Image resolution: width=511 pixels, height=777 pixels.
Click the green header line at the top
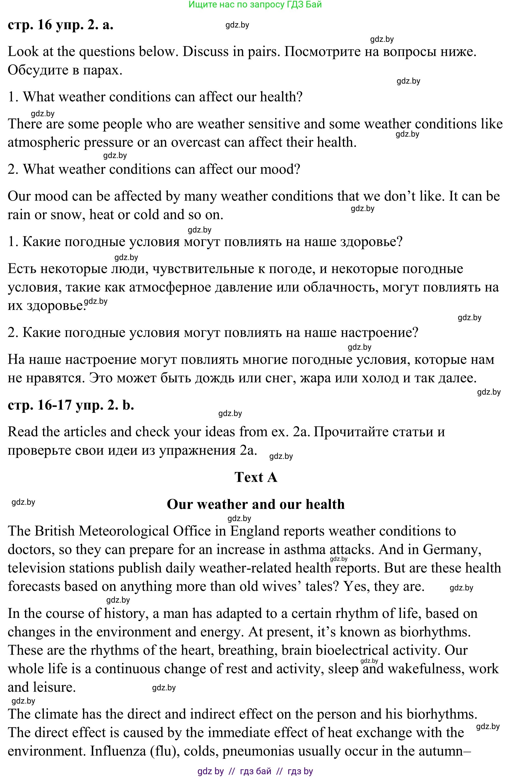click(x=255, y=5)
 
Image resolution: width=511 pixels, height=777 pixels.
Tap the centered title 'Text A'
click(x=256, y=477)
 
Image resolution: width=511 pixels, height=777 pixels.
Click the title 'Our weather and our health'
click(x=255, y=504)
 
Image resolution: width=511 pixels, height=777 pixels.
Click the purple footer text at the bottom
click(x=255, y=771)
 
